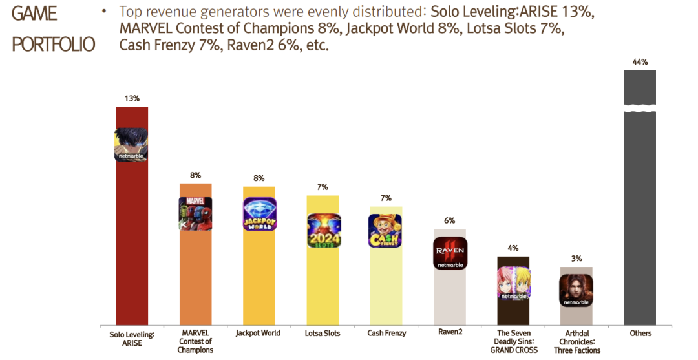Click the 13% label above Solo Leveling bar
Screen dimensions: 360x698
pyautogui.click(x=132, y=99)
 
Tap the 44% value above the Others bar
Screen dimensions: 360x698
pyautogui.click(x=640, y=62)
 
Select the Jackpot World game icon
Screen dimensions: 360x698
pyautogui.click(x=259, y=214)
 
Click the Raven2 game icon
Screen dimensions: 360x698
pyautogui.click(x=450, y=253)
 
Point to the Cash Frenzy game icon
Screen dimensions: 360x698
pyautogui.click(x=385, y=231)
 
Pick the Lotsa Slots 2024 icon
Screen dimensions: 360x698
pyautogui.click(x=323, y=231)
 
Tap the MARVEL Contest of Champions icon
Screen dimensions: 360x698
pyautogui.click(x=195, y=214)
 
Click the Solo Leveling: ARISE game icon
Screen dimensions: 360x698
pyautogui.click(x=131, y=145)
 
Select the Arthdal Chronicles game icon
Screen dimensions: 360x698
pyautogui.click(x=576, y=291)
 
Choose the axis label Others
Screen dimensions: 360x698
pyautogui.click(x=640, y=334)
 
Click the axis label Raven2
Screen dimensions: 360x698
pyautogui.click(x=450, y=333)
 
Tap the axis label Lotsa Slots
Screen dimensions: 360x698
pyautogui.click(x=323, y=334)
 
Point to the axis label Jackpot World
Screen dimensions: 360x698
pyautogui.click(x=259, y=334)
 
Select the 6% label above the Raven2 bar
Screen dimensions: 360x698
pyautogui.click(x=450, y=220)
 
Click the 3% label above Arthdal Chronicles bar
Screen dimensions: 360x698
pyautogui.click(x=576, y=259)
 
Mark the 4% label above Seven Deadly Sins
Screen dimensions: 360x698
pyautogui.click(x=513, y=248)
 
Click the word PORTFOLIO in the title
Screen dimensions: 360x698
pyautogui.click(x=54, y=44)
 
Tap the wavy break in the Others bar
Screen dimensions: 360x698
pyautogui.click(x=640, y=108)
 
